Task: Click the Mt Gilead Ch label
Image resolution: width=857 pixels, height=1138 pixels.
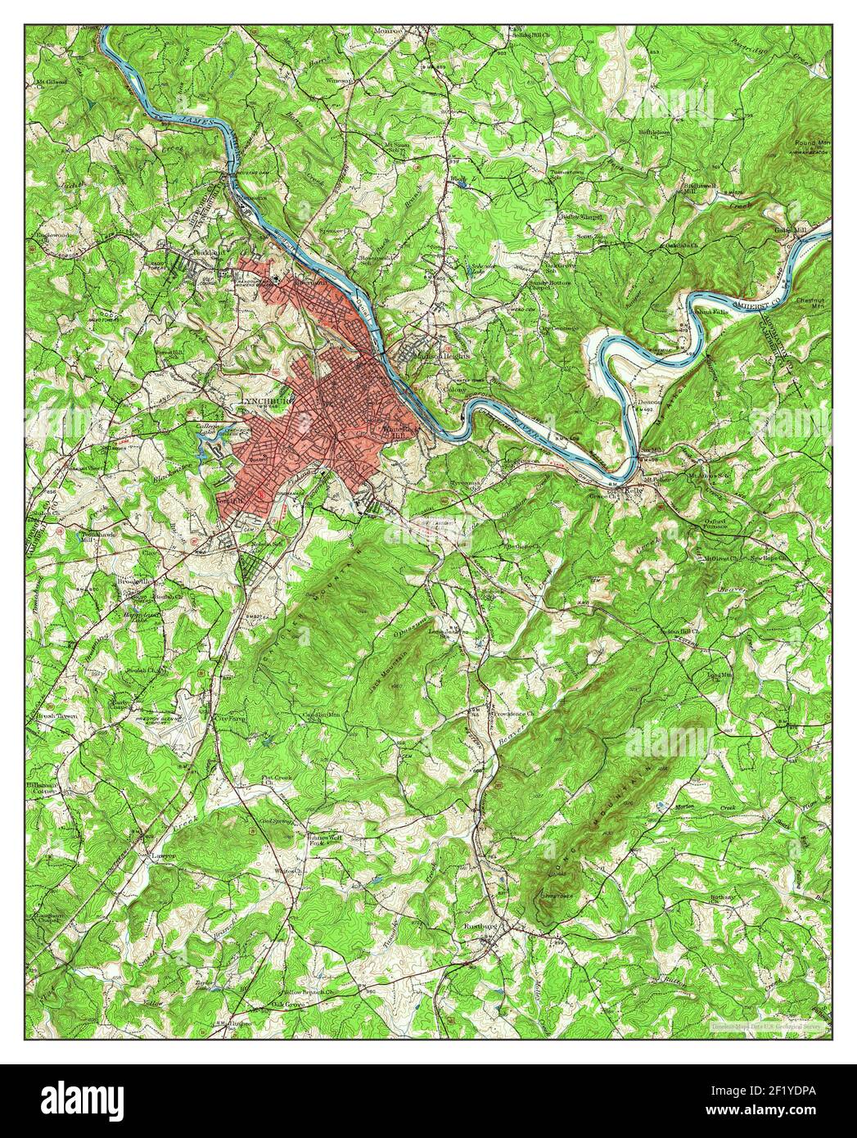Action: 51,83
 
